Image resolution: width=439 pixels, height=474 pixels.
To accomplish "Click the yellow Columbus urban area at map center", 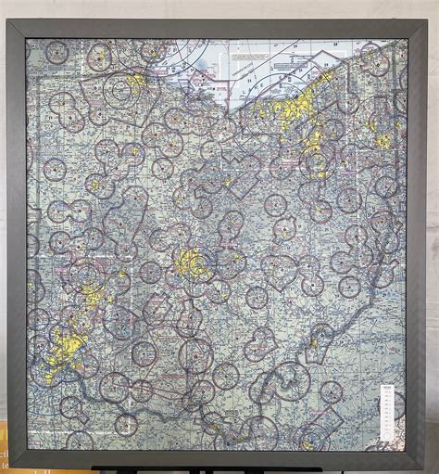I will click(x=192, y=263).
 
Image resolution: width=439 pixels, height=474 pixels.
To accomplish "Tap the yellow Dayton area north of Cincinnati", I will click(x=93, y=295).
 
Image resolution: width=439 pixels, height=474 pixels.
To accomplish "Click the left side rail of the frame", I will click(x=17, y=241).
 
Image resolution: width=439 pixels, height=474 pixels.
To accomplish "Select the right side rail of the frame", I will click(x=416, y=241).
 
